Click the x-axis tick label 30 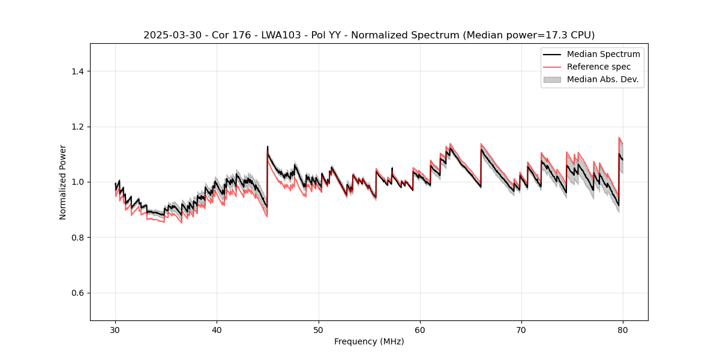coord(115,330)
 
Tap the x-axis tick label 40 coord(217,330)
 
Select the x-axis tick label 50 coord(319,330)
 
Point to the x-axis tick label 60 coord(420,330)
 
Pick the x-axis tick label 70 coord(521,330)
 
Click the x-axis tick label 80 coord(623,330)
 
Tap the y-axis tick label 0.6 coord(77,293)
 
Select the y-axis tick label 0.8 coord(77,238)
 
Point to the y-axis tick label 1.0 coord(77,182)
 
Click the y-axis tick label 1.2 coord(77,127)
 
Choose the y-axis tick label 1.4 coord(77,71)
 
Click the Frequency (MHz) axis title coord(369,341)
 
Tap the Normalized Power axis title coord(63,182)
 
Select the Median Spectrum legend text coord(603,54)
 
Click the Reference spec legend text coord(598,67)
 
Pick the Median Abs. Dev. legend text coord(602,79)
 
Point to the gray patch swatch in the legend coord(552,79)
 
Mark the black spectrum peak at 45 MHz coord(268,146)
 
